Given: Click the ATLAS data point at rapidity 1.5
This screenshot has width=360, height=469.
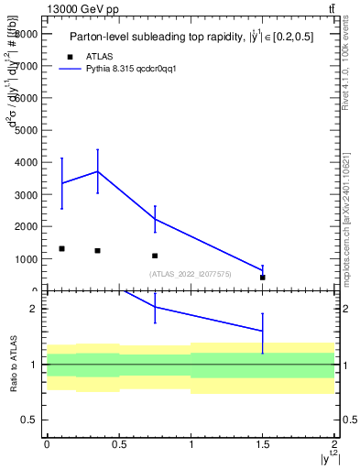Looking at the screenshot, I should (262, 277).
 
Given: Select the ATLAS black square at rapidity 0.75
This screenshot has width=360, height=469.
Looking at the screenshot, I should (155, 256).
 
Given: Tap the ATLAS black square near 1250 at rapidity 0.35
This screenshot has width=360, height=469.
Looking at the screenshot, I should (97, 250).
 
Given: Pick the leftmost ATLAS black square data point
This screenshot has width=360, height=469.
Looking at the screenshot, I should (61, 248).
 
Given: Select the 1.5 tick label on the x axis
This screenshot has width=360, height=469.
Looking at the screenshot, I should (262, 444).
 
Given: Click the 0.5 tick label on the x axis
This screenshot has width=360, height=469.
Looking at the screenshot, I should (118, 444).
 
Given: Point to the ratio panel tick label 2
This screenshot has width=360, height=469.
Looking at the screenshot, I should (33, 309).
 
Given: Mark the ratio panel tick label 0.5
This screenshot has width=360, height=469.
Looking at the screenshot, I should (28, 420).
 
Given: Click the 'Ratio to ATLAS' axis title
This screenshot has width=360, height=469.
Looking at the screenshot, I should (13, 364).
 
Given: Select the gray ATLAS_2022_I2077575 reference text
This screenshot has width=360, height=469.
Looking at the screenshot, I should (191, 274).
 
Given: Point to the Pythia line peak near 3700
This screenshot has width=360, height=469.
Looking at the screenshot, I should (97, 171).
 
